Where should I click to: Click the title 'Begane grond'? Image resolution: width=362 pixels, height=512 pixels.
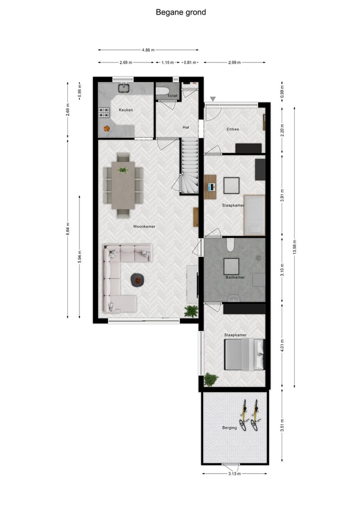(180, 12)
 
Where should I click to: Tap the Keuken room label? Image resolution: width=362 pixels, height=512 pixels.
(126, 110)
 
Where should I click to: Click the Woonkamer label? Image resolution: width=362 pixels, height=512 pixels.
(144, 227)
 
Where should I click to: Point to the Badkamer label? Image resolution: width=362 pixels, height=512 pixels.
(234, 277)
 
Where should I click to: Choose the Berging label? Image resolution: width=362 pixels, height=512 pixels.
(230, 428)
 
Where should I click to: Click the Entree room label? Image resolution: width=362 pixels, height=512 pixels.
(233, 129)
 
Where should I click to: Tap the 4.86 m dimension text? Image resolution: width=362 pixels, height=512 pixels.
(148, 50)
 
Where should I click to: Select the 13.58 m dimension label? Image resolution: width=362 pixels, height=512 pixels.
(295, 246)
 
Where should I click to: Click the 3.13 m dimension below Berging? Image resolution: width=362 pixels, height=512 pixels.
(235, 474)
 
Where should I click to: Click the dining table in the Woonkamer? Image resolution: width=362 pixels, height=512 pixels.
(123, 184)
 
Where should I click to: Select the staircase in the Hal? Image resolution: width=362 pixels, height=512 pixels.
(190, 166)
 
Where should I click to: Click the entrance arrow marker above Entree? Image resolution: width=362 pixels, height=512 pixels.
(213, 99)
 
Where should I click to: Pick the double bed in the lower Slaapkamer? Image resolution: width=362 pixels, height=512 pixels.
(244, 354)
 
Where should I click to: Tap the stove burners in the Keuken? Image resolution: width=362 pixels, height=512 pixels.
(105, 112)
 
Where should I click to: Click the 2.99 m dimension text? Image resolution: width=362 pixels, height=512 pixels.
(234, 62)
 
